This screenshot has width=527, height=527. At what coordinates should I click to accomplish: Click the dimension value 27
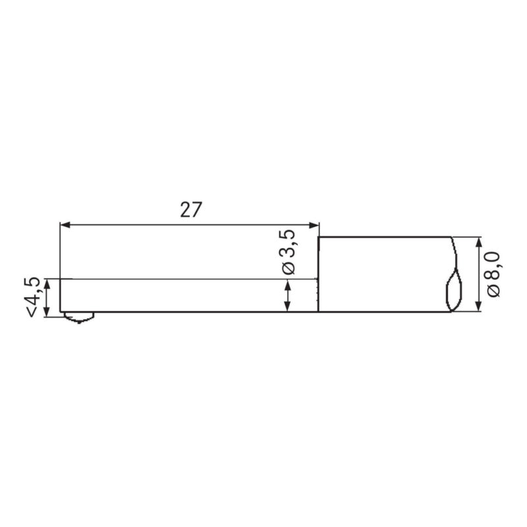pos(190,209)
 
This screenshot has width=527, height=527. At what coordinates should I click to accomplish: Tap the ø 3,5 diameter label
pos(289,252)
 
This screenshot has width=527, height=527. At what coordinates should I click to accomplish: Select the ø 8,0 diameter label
pos(493,275)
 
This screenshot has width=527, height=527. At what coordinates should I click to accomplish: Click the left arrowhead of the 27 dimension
pos(65,225)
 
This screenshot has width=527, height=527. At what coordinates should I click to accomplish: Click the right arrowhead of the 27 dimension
pos(314,225)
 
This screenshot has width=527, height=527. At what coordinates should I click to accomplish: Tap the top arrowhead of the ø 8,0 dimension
pos(479,242)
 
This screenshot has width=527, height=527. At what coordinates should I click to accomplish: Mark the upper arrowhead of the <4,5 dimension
pos(47,284)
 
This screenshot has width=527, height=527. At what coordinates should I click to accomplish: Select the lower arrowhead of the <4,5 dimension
pos(47,312)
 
